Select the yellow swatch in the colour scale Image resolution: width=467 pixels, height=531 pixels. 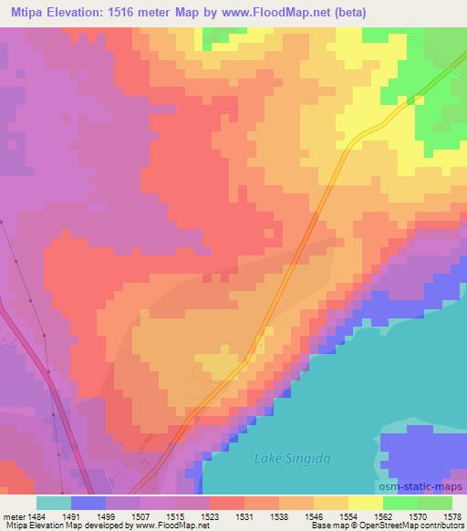(365, 503)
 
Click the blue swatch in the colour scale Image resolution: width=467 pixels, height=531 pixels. (88, 503)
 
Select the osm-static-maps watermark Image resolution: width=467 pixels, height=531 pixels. (425, 484)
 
